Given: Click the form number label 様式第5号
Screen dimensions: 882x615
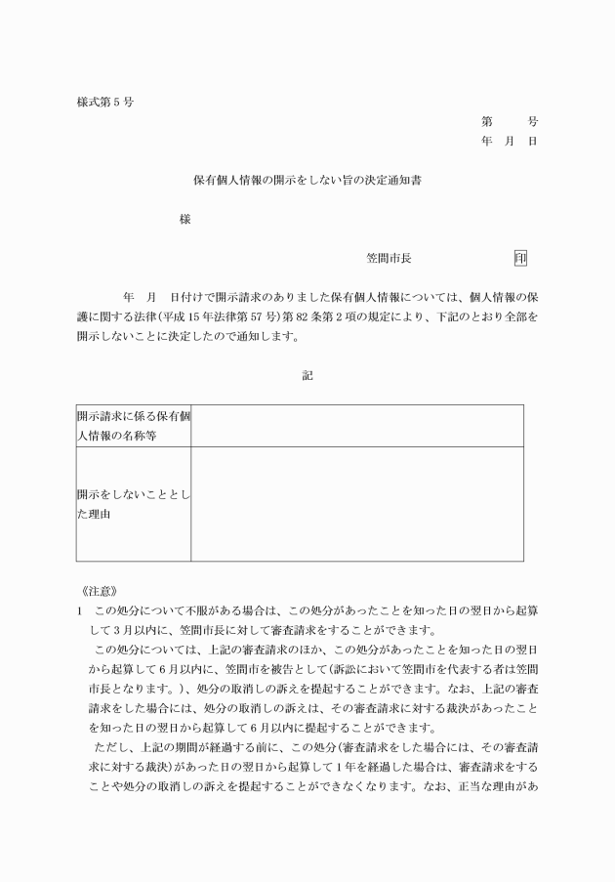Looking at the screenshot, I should pyautogui.click(x=104, y=102).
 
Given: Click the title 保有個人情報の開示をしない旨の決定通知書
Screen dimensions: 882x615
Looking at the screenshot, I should pyautogui.click(x=307, y=181).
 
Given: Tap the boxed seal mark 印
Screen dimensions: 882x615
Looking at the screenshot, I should pyautogui.click(x=520, y=259).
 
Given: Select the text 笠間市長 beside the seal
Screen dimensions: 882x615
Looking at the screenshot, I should pyautogui.click(x=389, y=259).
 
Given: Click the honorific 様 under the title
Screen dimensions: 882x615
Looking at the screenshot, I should pyautogui.click(x=184, y=220).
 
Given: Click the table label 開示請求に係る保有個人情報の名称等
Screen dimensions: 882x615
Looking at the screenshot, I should pyautogui.click(x=134, y=426).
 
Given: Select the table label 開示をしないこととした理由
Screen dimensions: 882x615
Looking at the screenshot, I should pyautogui.click(x=134, y=504).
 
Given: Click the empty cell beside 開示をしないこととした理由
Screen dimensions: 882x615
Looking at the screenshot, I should pyautogui.click(x=357, y=504).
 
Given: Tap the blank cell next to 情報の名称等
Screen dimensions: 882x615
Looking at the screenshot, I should pyautogui.click(x=357, y=426).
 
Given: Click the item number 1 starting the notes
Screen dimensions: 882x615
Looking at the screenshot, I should pyautogui.click(x=79, y=610).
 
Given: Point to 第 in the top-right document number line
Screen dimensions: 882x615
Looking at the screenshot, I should pyautogui.click(x=486, y=122).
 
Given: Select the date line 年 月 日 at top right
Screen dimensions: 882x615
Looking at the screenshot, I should pyautogui.click(x=509, y=142).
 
